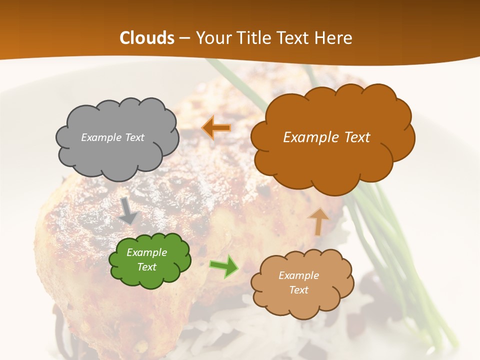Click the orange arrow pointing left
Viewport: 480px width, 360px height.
coord(216,128)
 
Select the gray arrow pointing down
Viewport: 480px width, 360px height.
coord(128,210)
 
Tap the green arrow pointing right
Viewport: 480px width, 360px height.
coord(223,266)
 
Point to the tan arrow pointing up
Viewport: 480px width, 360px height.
coord(318,221)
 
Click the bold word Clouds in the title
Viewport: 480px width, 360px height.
coord(147,38)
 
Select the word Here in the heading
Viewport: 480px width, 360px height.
coord(334,38)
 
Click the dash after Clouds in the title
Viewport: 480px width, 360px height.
coord(184,38)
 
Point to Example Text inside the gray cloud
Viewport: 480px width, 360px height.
coord(112,137)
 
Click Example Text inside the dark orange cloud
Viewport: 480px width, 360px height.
coord(326,137)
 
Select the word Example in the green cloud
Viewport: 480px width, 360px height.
coord(146,252)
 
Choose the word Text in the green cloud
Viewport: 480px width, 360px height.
coord(147,267)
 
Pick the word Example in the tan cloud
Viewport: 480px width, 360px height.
coord(298,275)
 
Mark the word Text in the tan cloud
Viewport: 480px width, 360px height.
coord(298,290)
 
